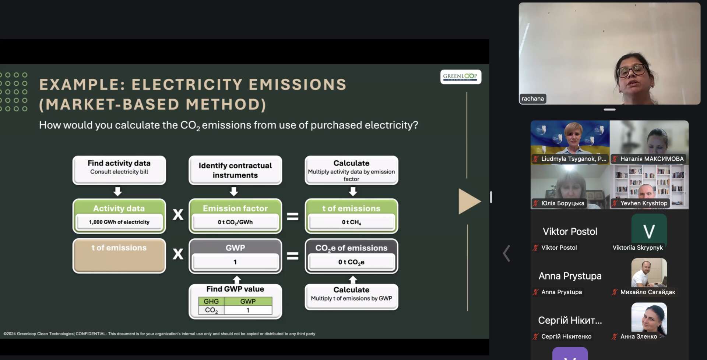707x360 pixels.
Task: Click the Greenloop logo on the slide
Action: pyautogui.click(x=461, y=77)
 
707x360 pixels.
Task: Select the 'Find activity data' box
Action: pyautogui.click(x=119, y=170)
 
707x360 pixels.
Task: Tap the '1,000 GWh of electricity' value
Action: pyautogui.click(x=119, y=222)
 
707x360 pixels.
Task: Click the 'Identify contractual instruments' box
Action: pyautogui.click(x=235, y=170)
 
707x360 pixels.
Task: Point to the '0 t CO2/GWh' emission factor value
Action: pyautogui.click(x=235, y=222)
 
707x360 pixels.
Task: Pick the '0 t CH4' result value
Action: pyautogui.click(x=351, y=222)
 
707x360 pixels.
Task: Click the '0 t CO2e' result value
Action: pyautogui.click(x=351, y=262)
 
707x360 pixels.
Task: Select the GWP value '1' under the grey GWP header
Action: pyautogui.click(x=235, y=262)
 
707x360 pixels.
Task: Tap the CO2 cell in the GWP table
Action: pyautogui.click(x=211, y=310)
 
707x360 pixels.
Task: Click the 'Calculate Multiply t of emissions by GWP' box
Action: pyautogui.click(x=352, y=297)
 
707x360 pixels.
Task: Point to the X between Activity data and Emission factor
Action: pyautogui.click(x=178, y=214)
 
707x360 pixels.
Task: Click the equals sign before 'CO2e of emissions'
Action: pyautogui.click(x=293, y=256)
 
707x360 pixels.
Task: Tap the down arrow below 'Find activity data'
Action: pyautogui.click(x=117, y=191)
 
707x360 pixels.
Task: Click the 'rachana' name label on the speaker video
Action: pyautogui.click(x=532, y=99)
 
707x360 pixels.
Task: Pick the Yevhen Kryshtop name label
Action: pyautogui.click(x=644, y=203)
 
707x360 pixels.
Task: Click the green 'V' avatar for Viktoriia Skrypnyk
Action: pyautogui.click(x=649, y=231)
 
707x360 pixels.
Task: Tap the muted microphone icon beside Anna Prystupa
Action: pyautogui.click(x=536, y=292)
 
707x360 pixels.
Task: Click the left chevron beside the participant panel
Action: pyautogui.click(x=507, y=253)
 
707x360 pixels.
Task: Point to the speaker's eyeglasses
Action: pyautogui.click(x=632, y=70)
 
